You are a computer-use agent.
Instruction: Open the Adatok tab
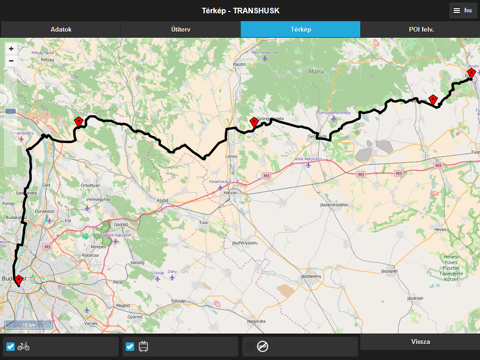(60, 29)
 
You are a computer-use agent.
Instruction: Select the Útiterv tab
(180, 29)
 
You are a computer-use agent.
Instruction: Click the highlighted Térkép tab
(300, 29)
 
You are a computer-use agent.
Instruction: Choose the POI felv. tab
(420, 29)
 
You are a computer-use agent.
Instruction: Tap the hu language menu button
(461, 10)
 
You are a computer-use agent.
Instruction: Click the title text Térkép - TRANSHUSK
(240, 10)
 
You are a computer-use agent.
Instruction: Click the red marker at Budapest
(18, 281)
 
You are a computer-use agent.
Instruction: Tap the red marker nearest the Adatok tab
(79, 121)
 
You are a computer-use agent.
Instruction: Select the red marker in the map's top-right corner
(471, 72)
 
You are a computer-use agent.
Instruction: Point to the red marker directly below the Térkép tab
(254, 122)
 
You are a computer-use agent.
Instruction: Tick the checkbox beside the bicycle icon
(11, 347)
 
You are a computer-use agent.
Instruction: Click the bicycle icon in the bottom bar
(23, 347)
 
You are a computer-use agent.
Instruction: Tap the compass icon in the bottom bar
(262, 346)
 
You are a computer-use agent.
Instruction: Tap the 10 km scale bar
(29, 324)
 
